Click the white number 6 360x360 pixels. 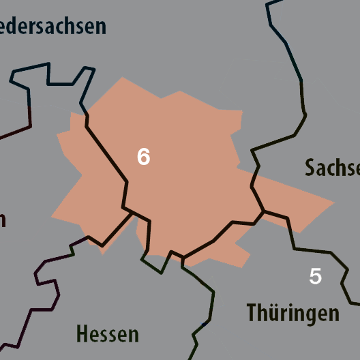click(x=143, y=157)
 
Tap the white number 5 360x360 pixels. click(x=315, y=277)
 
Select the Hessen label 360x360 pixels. click(x=108, y=335)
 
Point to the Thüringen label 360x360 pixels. click(x=292, y=313)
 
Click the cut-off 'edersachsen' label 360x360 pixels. click(x=53, y=26)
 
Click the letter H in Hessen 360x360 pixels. click(x=82, y=335)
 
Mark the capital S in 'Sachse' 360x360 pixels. click(x=311, y=168)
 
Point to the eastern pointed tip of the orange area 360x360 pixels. click(x=334, y=202)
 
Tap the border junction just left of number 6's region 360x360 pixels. click(x=132, y=212)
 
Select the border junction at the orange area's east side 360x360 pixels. click(x=263, y=211)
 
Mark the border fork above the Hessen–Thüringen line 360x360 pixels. click(x=183, y=258)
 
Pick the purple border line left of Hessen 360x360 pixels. click(x=41, y=286)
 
